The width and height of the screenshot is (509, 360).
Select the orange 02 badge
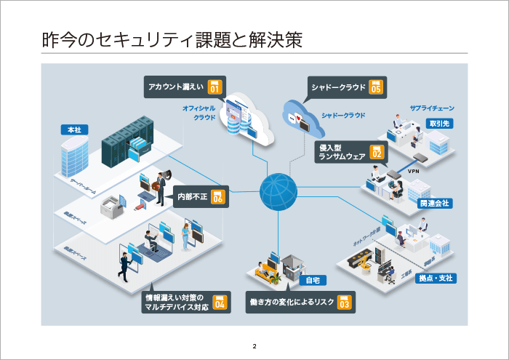(377, 152)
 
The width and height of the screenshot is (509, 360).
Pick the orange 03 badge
(344, 303)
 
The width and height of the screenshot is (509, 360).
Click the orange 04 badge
(219, 303)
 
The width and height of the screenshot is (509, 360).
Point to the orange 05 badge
(375, 87)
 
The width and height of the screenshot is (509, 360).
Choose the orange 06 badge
(217, 196)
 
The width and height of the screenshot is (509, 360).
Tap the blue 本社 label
(74, 129)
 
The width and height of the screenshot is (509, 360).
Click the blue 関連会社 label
(434, 203)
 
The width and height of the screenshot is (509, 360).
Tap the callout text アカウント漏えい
(175, 87)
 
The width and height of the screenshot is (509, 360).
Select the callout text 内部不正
(193, 196)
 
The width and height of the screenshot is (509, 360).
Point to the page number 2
(254, 345)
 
